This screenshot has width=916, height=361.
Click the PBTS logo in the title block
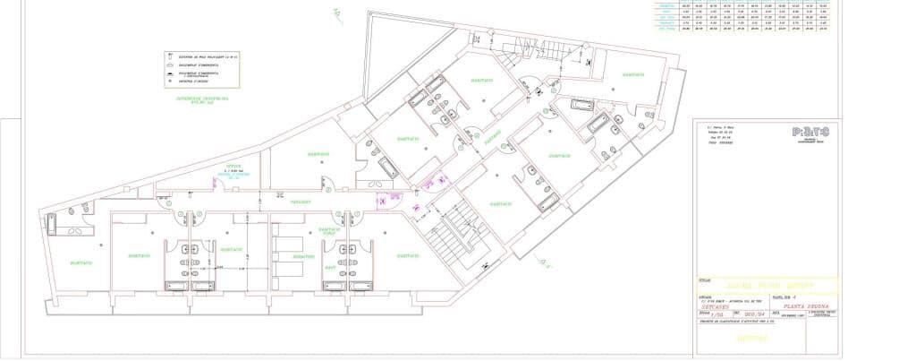point(810,132)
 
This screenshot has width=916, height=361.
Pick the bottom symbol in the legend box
point(169,82)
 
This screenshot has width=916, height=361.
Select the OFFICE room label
point(234,167)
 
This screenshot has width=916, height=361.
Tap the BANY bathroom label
point(328,269)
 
